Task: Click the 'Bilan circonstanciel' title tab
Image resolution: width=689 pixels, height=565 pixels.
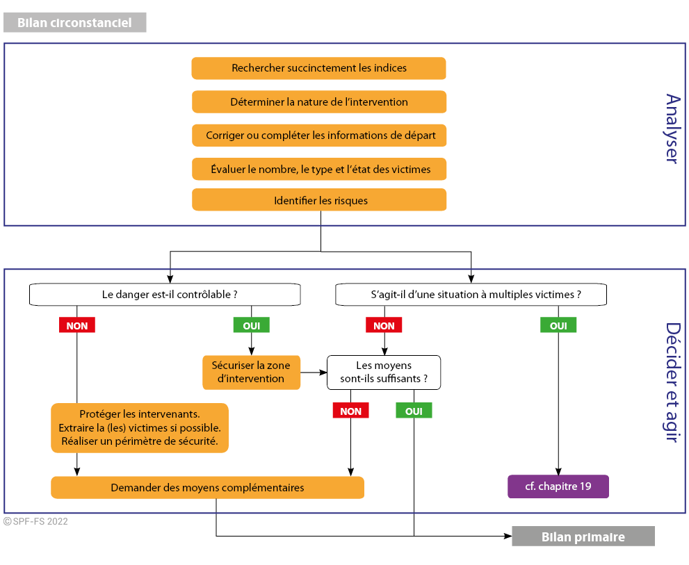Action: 74,22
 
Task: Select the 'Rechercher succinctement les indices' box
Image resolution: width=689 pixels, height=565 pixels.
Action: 319,68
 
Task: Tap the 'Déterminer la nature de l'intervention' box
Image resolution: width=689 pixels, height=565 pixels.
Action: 319,102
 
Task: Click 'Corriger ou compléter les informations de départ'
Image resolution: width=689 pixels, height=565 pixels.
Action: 319,136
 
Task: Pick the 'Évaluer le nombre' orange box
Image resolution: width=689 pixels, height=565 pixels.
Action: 319,169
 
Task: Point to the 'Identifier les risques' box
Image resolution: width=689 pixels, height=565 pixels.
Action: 319,200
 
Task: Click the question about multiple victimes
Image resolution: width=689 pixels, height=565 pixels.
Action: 471,295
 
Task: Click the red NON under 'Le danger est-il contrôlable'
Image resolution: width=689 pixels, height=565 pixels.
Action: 77,325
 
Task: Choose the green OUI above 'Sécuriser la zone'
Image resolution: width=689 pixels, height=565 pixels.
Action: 252,325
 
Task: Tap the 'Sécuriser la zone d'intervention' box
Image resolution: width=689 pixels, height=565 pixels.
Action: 252,372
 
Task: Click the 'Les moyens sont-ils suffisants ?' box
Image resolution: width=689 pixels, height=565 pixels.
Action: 384,372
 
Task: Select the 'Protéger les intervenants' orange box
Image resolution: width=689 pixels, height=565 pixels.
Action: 140,428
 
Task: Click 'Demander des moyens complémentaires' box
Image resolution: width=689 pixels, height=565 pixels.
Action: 207,488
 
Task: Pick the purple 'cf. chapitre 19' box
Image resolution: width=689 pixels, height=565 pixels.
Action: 558,486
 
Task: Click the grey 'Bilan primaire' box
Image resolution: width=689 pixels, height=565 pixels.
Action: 583,537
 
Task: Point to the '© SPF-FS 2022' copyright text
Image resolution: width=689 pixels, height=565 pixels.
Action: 35,521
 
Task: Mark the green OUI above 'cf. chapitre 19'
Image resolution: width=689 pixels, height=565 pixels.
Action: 558,325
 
